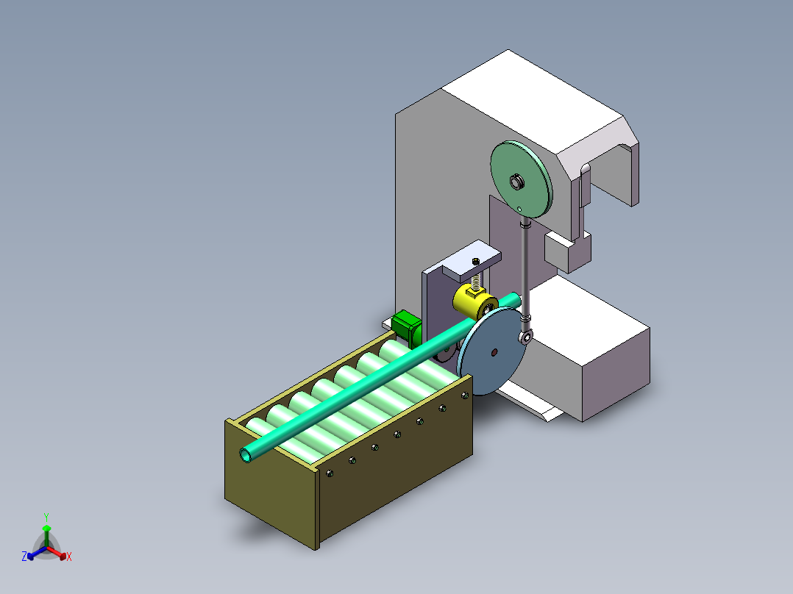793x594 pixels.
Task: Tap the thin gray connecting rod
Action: click(525, 265)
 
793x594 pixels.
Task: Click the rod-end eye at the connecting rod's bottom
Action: click(527, 337)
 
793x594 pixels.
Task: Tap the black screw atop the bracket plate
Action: click(477, 262)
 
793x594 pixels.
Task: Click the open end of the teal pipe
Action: click(247, 455)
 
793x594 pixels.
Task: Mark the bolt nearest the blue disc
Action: click(465, 396)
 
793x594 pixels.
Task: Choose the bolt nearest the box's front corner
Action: click(329, 474)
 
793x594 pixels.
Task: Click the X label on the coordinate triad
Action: click(69, 557)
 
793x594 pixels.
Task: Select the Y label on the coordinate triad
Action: click(46, 517)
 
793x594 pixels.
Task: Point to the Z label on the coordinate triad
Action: click(24, 557)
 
